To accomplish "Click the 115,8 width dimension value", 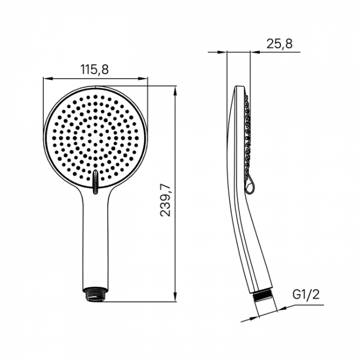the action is [x=94, y=69].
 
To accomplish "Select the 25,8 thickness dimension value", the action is [x=279, y=44].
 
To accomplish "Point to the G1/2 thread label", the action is [x=306, y=295].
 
